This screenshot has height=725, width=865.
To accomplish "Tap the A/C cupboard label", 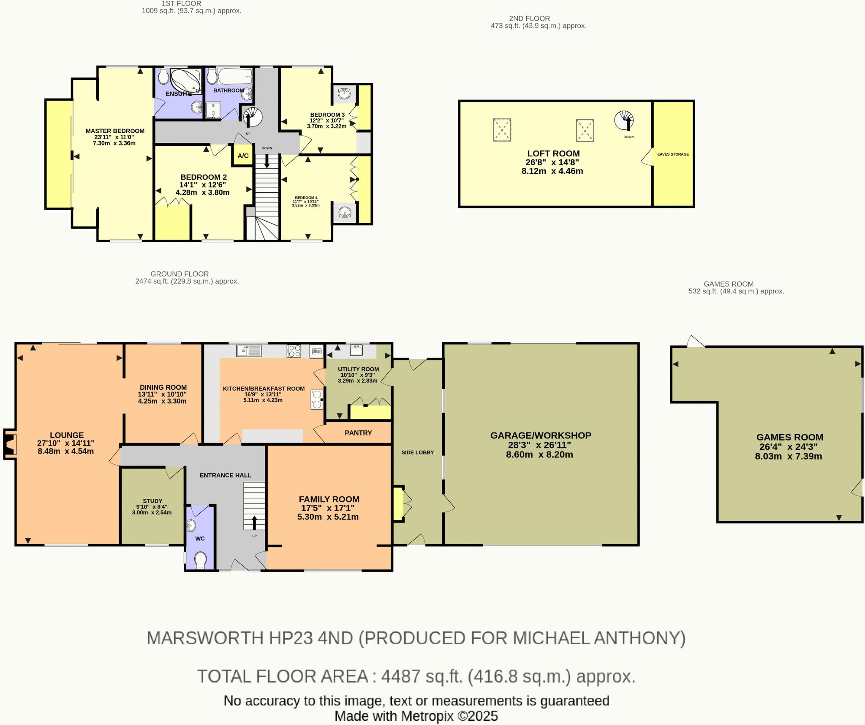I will [x=243, y=156].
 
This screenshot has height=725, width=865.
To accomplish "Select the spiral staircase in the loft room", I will [x=624, y=120].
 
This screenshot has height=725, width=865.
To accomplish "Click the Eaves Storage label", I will [x=673, y=154].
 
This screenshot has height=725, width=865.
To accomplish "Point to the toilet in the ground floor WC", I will [x=201, y=561].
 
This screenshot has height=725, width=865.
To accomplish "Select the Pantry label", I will [x=358, y=433].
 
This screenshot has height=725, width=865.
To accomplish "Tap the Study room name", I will [x=152, y=501].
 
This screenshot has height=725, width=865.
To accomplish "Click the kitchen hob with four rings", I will [x=294, y=351].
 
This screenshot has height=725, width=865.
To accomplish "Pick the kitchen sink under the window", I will [x=249, y=350].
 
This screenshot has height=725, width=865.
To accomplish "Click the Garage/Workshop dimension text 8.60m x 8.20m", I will [x=539, y=455].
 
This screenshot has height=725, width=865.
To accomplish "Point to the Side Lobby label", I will [x=417, y=452].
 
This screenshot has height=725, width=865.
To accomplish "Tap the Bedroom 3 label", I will [x=327, y=115].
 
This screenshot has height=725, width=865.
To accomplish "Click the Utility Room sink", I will [x=356, y=350].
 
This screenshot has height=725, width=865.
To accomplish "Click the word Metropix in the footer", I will [x=427, y=716].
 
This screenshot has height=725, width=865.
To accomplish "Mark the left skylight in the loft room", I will [x=502, y=130].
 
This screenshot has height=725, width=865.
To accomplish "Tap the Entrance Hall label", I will [x=225, y=475].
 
